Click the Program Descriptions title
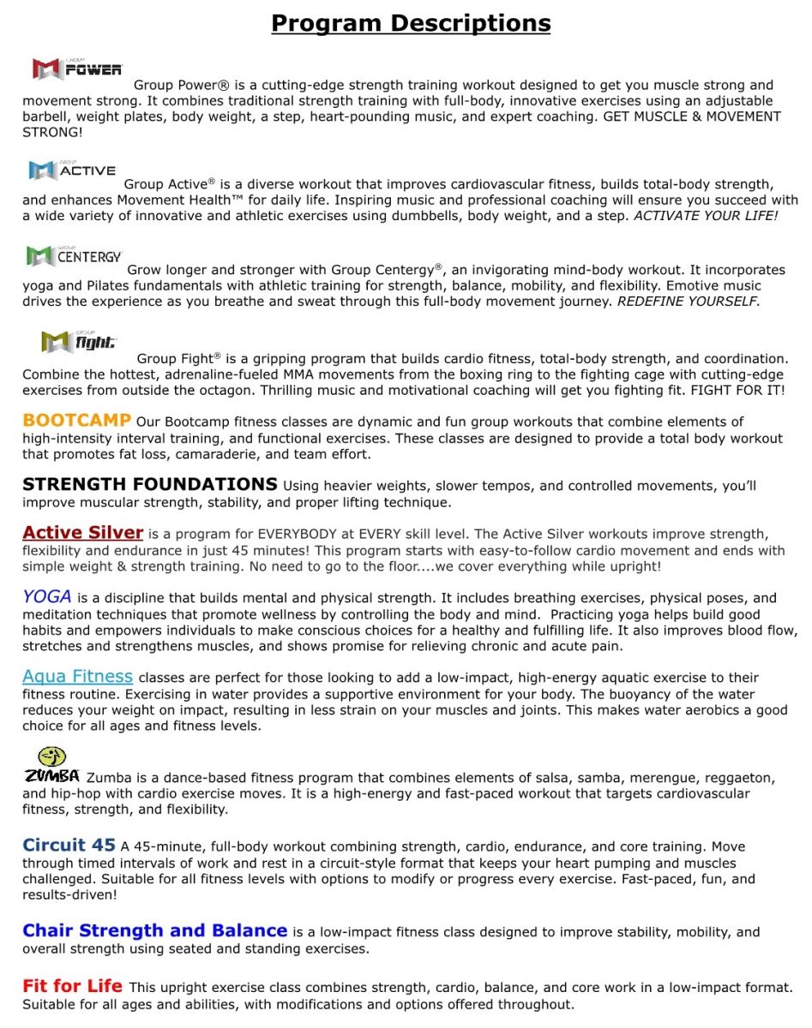[411, 22]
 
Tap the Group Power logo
[77, 69]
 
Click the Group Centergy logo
[75, 255]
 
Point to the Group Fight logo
[78, 342]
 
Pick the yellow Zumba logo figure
[51, 757]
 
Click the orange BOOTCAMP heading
[77, 421]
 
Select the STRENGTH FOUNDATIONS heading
[150, 485]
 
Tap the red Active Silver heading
[83, 533]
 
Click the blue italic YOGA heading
[47, 597]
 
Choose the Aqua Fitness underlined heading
[78, 677]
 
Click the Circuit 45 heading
[69, 846]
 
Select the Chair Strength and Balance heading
[155, 930]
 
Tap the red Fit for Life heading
[73, 986]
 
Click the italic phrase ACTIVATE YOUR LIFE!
[706, 216]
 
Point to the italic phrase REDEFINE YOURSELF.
[689, 302]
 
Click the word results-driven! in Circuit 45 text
[69, 895]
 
